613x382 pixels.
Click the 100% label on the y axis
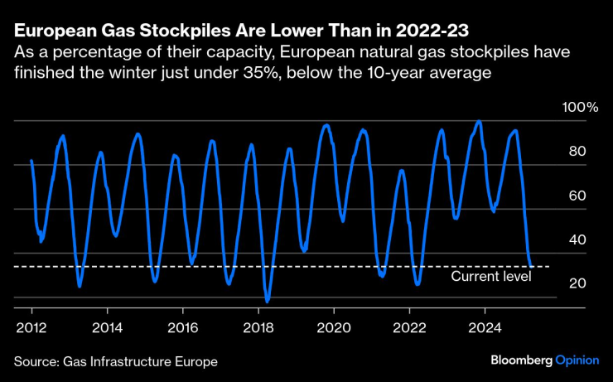580,108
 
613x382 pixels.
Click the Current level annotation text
490,276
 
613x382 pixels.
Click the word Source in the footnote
34,362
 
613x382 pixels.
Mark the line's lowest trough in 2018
268,301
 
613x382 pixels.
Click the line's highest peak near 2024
478,121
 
